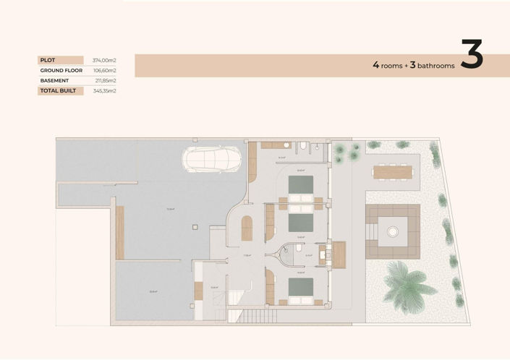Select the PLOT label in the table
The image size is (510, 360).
pos(49,60)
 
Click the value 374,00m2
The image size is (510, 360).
pos(104,60)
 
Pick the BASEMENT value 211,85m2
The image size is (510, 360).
pos(104,80)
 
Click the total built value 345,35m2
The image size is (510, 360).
pos(104,91)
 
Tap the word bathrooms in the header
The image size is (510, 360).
pos(437,66)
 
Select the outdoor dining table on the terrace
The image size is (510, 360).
pos(394,172)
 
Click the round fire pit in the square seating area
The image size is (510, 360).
pos(393,232)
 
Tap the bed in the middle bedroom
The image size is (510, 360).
pos(302,220)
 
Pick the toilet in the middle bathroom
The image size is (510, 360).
pos(299,249)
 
